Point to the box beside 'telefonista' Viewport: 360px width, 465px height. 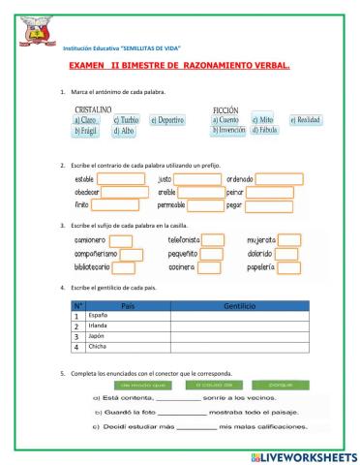pos(212,240)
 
